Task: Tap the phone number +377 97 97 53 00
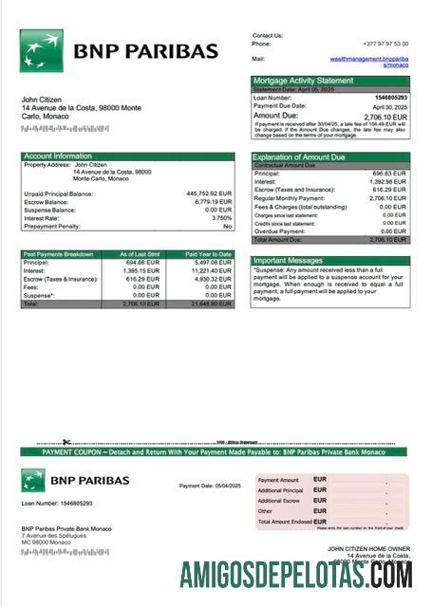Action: click(x=387, y=44)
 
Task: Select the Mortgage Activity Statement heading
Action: click(x=303, y=81)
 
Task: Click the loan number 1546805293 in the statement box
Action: click(x=391, y=98)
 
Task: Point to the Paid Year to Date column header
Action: click(x=208, y=254)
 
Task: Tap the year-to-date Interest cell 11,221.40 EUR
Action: click(x=211, y=270)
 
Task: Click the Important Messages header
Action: click(x=290, y=260)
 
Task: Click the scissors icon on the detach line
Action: click(x=67, y=442)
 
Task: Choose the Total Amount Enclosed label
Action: click(x=285, y=522)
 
